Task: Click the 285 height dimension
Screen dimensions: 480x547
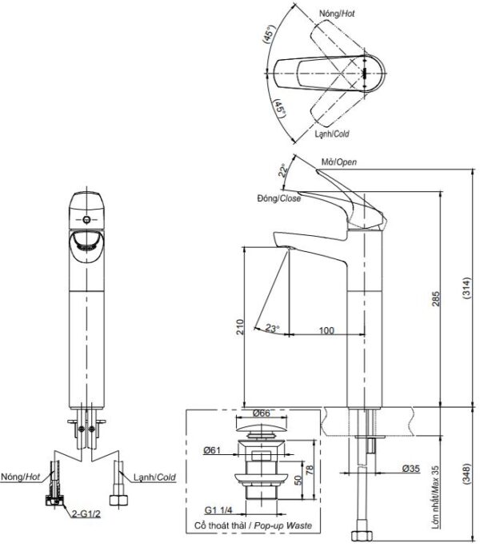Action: [435, 298]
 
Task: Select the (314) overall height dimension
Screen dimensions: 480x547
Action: [466, 288]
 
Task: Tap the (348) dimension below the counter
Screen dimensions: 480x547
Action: [466, 473]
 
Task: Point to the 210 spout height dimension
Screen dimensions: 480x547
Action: [240, 327]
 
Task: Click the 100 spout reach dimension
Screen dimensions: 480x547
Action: [326, 330]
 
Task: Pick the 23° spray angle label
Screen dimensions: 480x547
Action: [272, 328]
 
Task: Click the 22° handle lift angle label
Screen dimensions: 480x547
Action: [284, 170]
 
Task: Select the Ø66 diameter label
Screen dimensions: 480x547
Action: [261, 413]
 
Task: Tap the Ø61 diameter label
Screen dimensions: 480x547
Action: [212, 450]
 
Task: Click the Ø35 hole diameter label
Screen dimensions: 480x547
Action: [410, 469]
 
